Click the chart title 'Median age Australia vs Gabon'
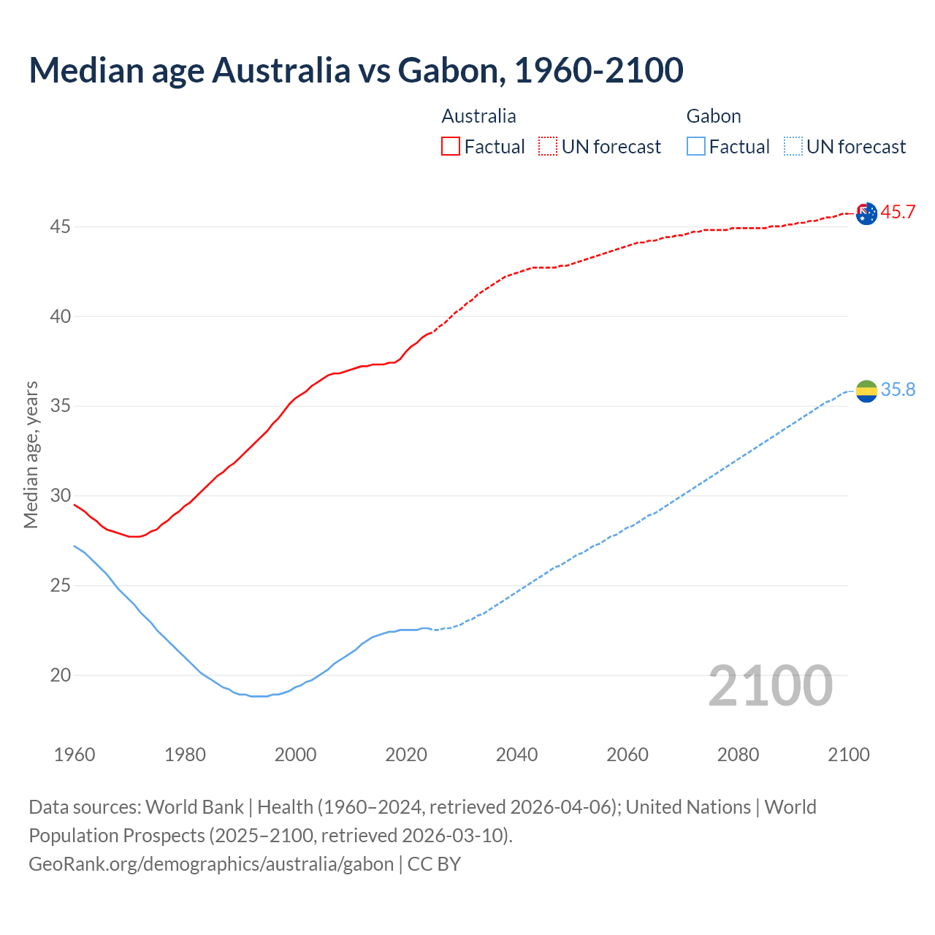tap(356, 70)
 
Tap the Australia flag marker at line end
tap(866, 214)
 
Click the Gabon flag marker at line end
tap(866, 392)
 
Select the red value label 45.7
tap(898, 213)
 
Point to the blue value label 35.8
tap(898, 390)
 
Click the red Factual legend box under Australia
tap(451, 146)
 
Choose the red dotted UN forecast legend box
tap(548, 146)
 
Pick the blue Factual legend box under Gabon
tap(696, 146)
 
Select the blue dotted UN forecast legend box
tap(793, 146)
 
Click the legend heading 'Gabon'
tap(714, 116)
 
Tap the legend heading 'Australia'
tap(478, 116)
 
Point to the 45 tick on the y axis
tap(60, 227)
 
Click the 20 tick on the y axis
tap(60, 676)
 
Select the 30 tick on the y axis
tap(60, 496)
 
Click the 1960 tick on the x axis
tap(75, 755)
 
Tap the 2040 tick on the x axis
tap(516, 755)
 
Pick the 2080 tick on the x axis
tap(738, 755)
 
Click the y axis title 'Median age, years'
tap(31, 454)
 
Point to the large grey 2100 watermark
tap(770, 686)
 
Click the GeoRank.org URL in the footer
tap(211, 864)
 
